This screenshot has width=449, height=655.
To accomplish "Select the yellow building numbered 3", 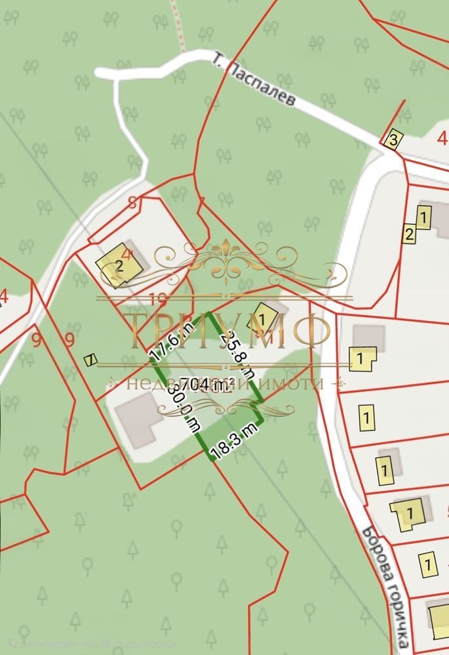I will tap(393, 140).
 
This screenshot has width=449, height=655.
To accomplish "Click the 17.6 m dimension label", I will tap(165, 337).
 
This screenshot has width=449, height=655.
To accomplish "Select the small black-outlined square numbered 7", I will tap(91, 359).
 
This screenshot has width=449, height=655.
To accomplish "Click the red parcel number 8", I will tap(133, 202).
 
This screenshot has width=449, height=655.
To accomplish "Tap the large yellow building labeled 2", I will tap(119, 265).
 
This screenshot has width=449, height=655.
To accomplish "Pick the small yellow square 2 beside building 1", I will tap(409, 234).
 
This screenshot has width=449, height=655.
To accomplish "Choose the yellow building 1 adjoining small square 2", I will tap(423, 216).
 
